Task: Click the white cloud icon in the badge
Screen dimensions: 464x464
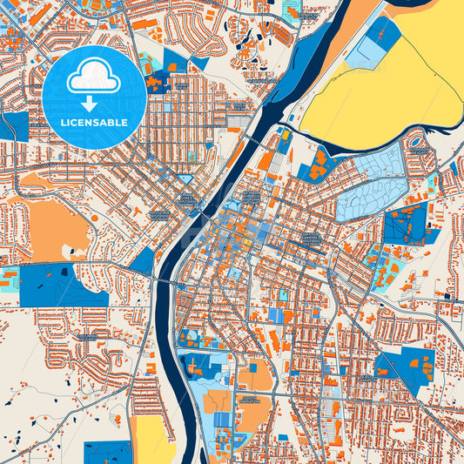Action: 94,77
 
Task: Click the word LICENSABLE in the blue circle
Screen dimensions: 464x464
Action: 94,121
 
